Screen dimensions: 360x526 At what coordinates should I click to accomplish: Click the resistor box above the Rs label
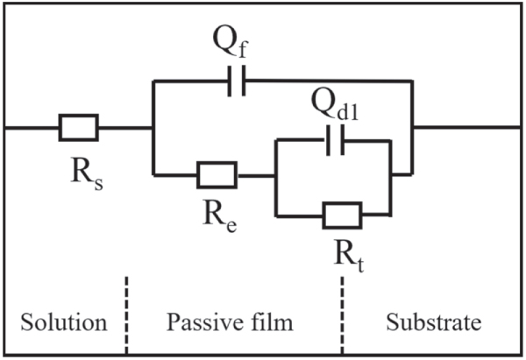click(79, 129)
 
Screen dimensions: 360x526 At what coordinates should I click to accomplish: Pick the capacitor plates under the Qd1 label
click(334, 138)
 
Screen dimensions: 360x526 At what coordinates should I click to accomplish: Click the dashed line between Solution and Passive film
click(126, 315)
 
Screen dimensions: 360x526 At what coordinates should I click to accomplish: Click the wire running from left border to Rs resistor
click(31, 129)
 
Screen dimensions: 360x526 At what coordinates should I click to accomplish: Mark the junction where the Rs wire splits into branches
click(153, 129)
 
